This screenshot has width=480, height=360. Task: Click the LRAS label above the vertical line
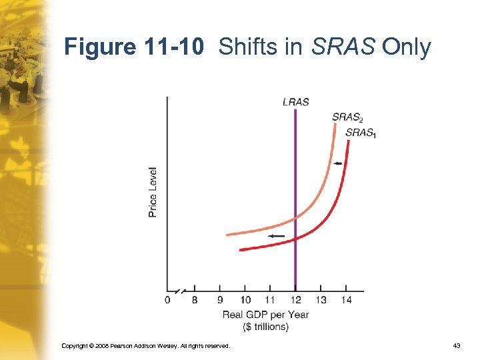(295, 102)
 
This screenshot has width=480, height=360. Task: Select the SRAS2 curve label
(347, 118)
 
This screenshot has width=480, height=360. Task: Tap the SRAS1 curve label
(360, 133)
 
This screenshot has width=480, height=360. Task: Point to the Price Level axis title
(153, 191)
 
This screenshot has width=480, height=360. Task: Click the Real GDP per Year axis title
(265, 315)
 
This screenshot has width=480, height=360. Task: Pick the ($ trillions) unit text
(265, 326)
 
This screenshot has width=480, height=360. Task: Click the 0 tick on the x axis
(167, 301)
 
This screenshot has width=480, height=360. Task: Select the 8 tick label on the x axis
(195, 301)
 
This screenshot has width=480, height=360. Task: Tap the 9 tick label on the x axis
(220, 301)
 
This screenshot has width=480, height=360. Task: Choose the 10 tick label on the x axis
(245, 301)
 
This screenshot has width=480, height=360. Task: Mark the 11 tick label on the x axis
(270, 301)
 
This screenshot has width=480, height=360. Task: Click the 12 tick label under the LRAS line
(295, 301)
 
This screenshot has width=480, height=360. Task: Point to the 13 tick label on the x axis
(321, 301)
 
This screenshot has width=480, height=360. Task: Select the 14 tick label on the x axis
(346, 301)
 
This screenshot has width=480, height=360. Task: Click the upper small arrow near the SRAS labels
(338, 163)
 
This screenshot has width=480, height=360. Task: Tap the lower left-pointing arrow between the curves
(276, 236)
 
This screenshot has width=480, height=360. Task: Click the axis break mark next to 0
(179, 291)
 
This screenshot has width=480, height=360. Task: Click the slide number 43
(456, 346)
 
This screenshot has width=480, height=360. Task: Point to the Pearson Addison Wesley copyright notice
(145, 346)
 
